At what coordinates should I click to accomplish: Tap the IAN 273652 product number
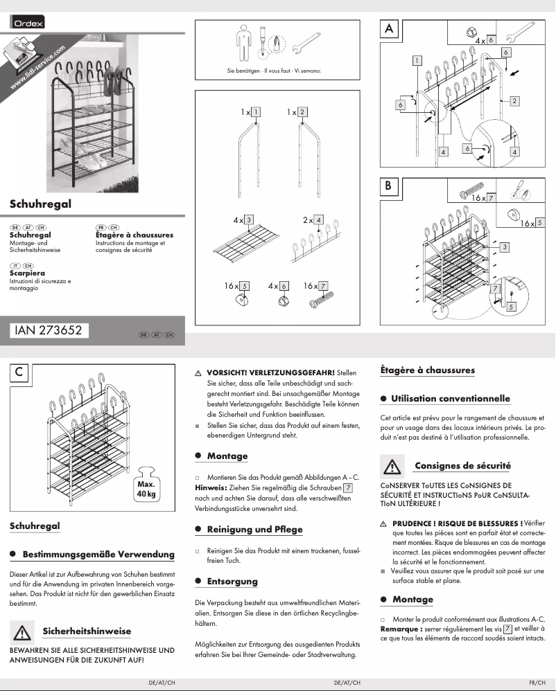[49, 331]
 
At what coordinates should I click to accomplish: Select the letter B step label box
[389, 186]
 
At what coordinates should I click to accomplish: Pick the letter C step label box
[19, 373]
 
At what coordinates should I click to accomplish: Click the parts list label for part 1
[257, 111]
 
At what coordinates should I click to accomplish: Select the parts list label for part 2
[303, 111]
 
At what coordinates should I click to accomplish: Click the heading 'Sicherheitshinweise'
[87, 631]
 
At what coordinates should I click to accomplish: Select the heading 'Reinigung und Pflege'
[255, 529]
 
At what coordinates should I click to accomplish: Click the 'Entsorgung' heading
[232, 581]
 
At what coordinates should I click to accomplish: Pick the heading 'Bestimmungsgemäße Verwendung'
[98, 555]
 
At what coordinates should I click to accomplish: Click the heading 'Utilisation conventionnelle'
[450, 398]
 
